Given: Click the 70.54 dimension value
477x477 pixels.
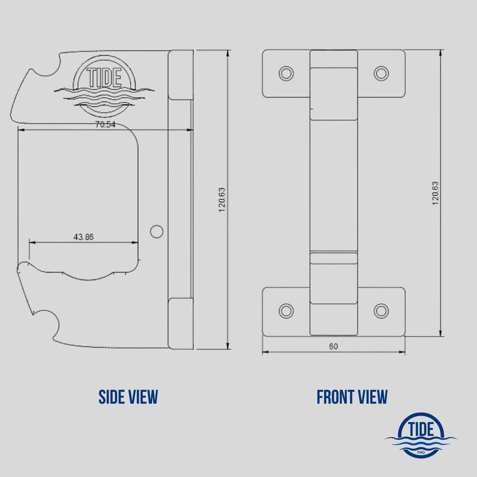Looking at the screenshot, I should [x=105, y=124].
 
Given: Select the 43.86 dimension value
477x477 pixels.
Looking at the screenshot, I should [x=83, y=237].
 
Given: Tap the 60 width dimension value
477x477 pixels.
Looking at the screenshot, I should [x=334, y=346].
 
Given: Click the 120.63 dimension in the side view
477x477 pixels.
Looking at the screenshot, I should [x=222, y=200].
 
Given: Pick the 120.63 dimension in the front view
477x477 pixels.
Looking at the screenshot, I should [x=436, y=193].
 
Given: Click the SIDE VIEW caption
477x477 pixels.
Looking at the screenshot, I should [x=128, y=397].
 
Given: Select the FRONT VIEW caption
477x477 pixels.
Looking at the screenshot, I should [x=352, y=397].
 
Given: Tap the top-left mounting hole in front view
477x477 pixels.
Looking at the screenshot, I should [x=286, y=73].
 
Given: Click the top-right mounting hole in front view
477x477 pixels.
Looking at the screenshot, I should [x=381, y=73].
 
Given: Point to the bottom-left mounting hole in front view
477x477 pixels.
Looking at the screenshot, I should [x=286, y=311].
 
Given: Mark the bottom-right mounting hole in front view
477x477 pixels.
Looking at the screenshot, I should [x=381, y=311].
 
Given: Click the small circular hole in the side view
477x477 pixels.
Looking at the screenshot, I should [x=157, y=231].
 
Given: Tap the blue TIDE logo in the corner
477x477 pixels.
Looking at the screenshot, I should [x=421, y=435].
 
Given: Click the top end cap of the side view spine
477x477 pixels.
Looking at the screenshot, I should [x=180, y=75].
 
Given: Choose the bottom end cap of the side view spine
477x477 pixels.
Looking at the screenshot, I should [x=180, y=323].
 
